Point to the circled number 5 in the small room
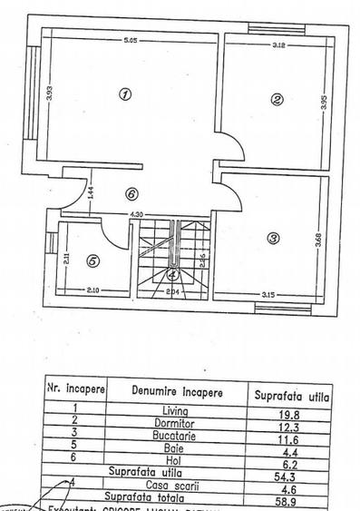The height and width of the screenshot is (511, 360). coord(93,260)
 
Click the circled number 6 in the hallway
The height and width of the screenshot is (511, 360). coord(131,193)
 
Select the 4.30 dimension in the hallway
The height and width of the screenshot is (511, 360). coord(136,214)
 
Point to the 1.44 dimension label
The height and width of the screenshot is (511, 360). coord(92,192)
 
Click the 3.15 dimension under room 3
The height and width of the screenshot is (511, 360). coord(268,294)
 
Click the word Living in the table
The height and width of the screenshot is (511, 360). coord(175,413)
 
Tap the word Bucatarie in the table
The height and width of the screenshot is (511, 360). coord(175,437)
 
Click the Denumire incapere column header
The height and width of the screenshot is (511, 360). coord(175,392)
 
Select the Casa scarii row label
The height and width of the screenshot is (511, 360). coord(177,486)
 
